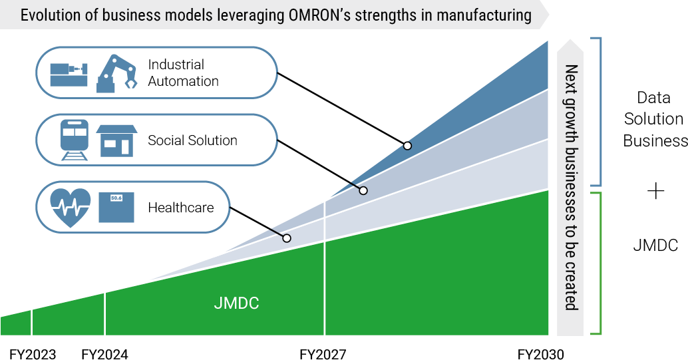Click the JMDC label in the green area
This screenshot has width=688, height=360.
click(236, 303)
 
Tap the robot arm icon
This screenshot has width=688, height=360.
click(115, 73)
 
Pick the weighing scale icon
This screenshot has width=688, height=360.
click(116, 207)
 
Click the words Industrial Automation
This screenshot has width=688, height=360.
click(183, 73)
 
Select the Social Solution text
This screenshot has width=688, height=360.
click(192, 140)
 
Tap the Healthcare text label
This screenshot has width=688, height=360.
click(180, 208)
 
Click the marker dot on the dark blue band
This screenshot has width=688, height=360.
click(407, 145)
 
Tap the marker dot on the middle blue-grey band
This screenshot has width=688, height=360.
click(363, 190)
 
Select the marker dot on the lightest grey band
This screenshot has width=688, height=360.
click(287, 238)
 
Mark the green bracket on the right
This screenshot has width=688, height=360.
click(599, 264)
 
